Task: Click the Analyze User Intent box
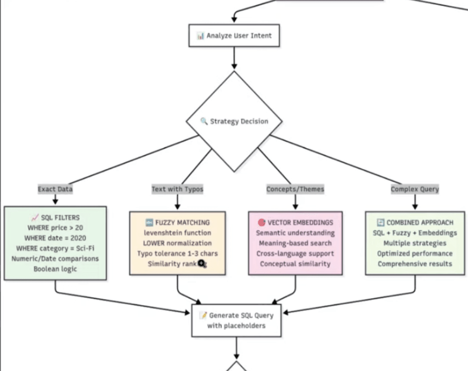(x=234, y=35)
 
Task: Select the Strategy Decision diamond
(x=234, y=122)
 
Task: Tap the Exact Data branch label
(x=55, y=189)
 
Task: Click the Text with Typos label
(x=177, y=189)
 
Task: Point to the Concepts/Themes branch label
(x=295, y=189)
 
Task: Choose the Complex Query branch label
(x=415, y=189)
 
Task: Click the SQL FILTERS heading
(x=55, y=217)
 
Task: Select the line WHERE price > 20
(x=55, y=228)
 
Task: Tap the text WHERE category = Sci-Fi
(x=55, y=248)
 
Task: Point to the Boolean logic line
(x=55, y=269)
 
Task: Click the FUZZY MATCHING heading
(x=177, y=223)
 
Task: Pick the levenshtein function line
(x=177, y=233)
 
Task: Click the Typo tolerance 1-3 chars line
(x=177, y=253)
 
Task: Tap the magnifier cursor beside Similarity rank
(x=202, y=264)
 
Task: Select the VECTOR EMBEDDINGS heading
(x=295, y=223)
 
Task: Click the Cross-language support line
(x=295, y=253)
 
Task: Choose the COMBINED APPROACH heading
(x=415, y=223)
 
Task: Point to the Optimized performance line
(x=415, y=253)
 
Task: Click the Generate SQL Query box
(x=236, y=320)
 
